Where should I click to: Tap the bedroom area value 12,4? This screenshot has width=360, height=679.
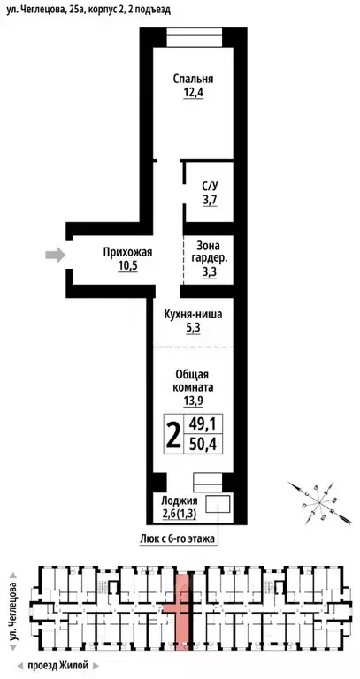tap(193, 93)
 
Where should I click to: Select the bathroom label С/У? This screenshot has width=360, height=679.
tap(210, 186)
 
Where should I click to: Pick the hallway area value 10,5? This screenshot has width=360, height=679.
tap(128, 267)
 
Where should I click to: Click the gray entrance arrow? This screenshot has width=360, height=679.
tap(55, 256)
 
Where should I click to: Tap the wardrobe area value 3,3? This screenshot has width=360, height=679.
tap(210, 272)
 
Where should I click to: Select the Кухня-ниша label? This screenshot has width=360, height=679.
tap(193, 314)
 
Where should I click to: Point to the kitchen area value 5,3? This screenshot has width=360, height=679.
tap(193, 329)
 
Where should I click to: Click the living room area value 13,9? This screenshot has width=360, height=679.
tap(193, 401)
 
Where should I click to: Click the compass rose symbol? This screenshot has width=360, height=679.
tap(314, 497)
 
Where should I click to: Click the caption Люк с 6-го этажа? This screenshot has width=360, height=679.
tap(178, 538)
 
